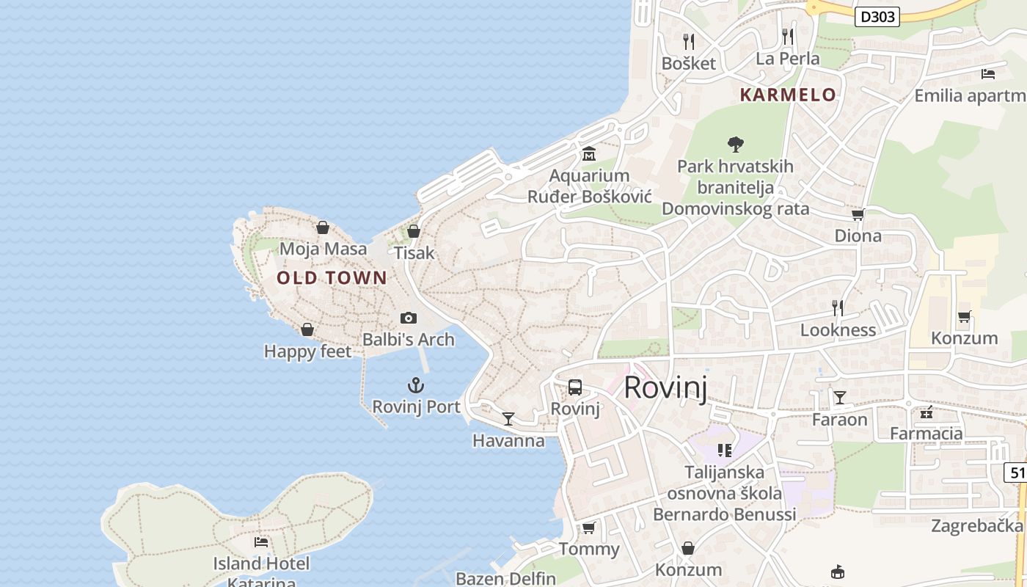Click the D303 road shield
point(877,16)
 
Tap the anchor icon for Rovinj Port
point(416,385)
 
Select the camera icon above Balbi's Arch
point(409,318)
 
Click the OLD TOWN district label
point(332,277)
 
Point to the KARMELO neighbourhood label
point(788,95)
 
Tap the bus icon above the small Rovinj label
point(575,387)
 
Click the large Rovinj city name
point(665,387)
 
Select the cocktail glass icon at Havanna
point(508,418)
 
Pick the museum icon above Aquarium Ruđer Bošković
point(588,154)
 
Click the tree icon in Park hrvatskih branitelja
point(735,144)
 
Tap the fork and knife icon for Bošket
point(688,41)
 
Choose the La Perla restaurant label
point(788,59)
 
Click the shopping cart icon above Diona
point(858,215)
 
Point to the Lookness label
point(838,330)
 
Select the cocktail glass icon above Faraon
point(839,398)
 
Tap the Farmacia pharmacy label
point(926,434)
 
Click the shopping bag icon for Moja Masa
point(322,227)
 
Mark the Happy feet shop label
point(307,351)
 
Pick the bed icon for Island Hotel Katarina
point(261,542)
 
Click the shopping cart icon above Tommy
point(588,528)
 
